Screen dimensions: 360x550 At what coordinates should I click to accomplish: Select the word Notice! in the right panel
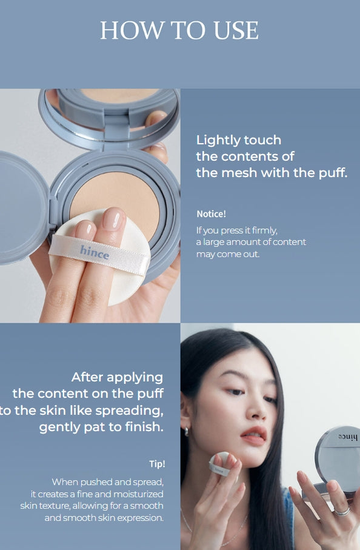point(212,213)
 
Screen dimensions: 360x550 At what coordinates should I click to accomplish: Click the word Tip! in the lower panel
point(157,464)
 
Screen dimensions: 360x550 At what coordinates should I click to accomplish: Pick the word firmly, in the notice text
point(265,230)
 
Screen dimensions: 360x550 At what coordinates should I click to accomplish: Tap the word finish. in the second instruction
point(144,427)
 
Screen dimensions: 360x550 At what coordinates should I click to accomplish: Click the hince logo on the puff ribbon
point(95,252)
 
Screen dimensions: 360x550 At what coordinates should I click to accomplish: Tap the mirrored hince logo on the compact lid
point(347,437)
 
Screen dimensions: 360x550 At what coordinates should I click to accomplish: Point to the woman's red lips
point(254,435)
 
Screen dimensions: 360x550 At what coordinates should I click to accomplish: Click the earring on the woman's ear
point(187,431)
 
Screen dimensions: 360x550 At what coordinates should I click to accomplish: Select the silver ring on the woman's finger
point(342,511)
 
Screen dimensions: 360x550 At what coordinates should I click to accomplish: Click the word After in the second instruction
point(88,377)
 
